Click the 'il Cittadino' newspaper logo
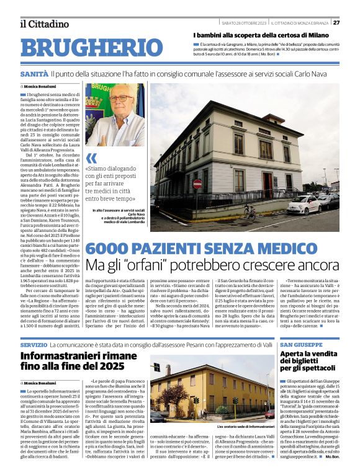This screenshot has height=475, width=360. point(44,24)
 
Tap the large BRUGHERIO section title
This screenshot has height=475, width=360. point(91,47)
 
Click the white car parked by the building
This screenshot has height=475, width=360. point(305,204)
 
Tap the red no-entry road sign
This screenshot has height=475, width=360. point(197,184)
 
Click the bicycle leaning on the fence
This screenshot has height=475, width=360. point(249,211)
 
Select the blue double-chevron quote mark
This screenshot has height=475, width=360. point(92,158)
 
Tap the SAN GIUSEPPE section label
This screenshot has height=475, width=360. point(301,344)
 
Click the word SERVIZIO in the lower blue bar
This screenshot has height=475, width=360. point(34,344)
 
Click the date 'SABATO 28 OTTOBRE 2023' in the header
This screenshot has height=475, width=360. point(244,23)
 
